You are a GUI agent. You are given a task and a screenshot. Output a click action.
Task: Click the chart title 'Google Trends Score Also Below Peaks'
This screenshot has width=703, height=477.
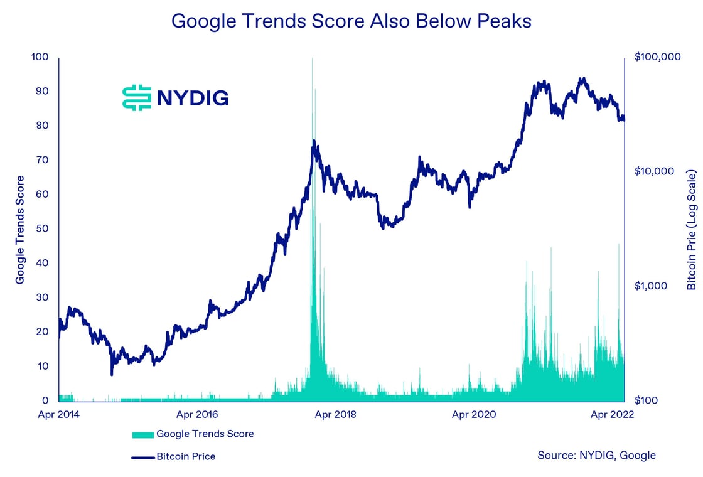(351, 21)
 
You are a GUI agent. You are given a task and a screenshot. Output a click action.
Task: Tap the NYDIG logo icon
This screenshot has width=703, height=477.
(137, 97)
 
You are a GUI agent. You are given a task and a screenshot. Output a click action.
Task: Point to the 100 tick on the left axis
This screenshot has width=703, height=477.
(40, 57)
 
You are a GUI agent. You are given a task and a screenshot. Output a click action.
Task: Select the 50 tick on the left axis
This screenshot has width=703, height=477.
(42, 228)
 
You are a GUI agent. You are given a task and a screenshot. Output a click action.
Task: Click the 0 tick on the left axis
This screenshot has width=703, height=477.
(45, 400)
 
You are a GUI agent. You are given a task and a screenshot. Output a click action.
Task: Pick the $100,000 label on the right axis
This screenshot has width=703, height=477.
(658, 57)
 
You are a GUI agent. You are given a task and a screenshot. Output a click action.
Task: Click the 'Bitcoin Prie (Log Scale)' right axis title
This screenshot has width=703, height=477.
(692, 229)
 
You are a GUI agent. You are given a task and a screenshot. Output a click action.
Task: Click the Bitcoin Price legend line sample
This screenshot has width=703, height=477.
(142, 457)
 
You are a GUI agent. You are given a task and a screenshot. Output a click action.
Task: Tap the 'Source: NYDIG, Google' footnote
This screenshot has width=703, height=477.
(596, 455)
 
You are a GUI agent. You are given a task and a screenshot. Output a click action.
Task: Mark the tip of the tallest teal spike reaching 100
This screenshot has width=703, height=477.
(312, 58)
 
